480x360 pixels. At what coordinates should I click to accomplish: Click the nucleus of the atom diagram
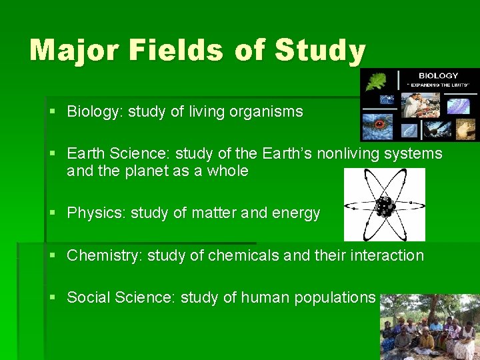click(384, 207)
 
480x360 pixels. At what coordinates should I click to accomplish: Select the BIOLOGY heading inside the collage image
click(437, 76)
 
